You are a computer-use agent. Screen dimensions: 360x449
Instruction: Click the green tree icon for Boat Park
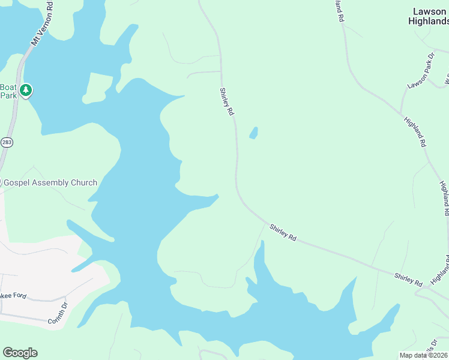pyautogui.click(x=25, y=91)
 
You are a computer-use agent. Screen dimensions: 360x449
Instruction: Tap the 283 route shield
pyautogui.click(x=7, y=142)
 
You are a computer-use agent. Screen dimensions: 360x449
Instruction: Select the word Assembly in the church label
pyautogui.click(x=54, y=182)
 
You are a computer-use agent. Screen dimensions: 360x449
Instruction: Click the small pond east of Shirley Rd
pyautogui.click(x=254, y=133)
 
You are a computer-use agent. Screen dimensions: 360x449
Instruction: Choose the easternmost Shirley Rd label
pyautogui.click(x=409, y=279)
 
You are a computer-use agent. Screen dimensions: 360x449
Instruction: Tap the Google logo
pyautogui.click(x=20, y=353)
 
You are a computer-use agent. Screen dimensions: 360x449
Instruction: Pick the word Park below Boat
pyautogui.click(x=8, y=95)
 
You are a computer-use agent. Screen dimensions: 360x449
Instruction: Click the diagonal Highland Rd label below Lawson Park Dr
pyautogui.click(x=415, y=132)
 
